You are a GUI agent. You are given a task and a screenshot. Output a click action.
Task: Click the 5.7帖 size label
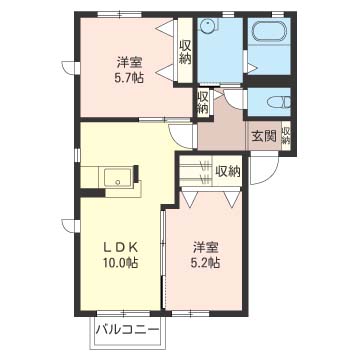click(128, 77)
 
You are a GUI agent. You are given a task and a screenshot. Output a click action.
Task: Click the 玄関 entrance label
click(263, 136)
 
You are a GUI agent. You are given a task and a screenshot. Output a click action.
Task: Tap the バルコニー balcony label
click(127, 329)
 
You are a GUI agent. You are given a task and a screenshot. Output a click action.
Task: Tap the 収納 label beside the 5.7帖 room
click(185, 50)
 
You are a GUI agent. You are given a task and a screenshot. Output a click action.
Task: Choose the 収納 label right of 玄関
click(286, 135)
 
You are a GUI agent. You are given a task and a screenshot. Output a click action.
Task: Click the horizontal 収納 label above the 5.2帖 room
click(229, 171)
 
